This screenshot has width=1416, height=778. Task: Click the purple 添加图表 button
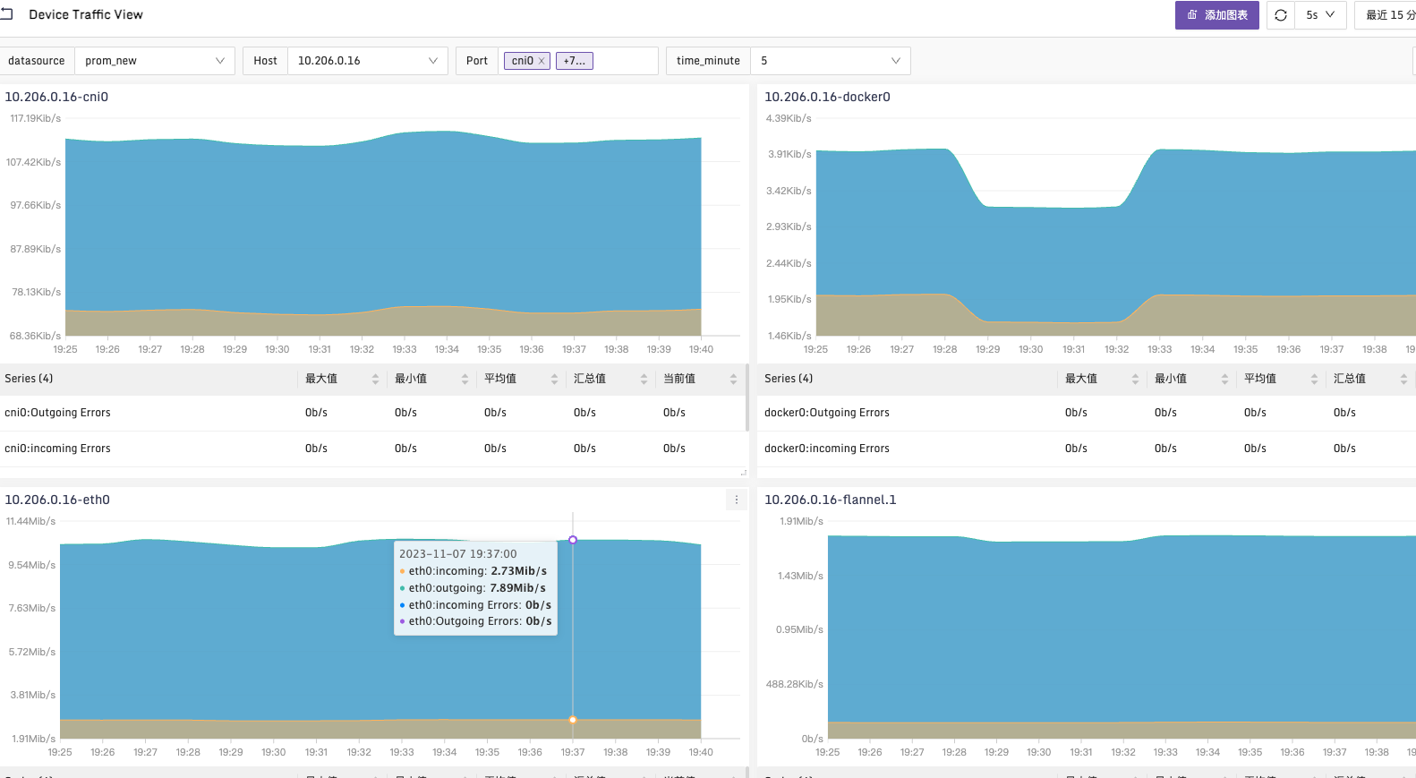click(x=1216, y=15)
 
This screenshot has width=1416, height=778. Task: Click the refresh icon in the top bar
click(x=1281, y=15)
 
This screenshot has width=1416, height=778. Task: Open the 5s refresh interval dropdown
click(x=1320, y=15)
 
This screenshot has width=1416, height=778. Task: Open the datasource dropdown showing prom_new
click(x=154, y=61)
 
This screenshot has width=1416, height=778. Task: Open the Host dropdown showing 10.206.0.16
click(x=367, y=61)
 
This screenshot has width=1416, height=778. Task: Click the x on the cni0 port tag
click(x=542, y=61)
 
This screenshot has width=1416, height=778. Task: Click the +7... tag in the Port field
click(x=575, y=61)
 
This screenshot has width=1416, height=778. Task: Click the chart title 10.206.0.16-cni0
click(x=56, y=97)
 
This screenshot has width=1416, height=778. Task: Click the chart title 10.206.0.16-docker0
click(x=827, y=97)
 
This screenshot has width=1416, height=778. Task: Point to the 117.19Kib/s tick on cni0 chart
click(x=35, y=118)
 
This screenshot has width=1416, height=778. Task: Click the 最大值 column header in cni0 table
click(x=321, y=379)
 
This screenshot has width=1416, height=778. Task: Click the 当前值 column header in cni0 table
click(x=679, y=379)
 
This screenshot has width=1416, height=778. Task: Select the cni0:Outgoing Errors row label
click(x=57, y=413)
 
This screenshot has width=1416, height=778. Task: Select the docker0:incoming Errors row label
click(x=826, y=449)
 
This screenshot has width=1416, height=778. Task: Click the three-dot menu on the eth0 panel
click(x=737, y=500)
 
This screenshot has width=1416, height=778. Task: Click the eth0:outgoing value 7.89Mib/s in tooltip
click(x=517, y=588)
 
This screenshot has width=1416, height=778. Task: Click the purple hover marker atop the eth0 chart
click(x=573, y=540)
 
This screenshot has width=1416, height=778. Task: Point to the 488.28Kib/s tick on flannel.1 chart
click(x=794, y=684)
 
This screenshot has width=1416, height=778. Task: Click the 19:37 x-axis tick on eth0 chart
click(x=573, y=752)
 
